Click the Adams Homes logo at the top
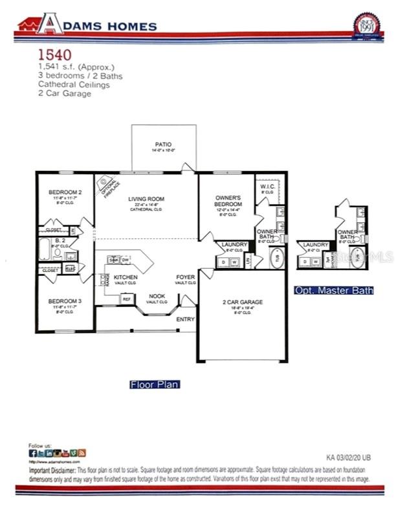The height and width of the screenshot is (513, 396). [x=87, y=25]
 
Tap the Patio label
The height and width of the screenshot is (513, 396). [x=163, y=144]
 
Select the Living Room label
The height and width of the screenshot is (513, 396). [x=146, y=199]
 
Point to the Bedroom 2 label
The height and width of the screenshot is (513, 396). [x=65, y=192]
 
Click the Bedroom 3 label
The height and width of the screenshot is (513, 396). [x=65, y=301]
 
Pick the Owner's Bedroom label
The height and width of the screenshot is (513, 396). [x=228, y=200]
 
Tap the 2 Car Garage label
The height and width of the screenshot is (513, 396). [x=243, y=302]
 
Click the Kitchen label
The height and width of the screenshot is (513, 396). [x=126, y=277]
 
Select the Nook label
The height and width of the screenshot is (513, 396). [x=157, y=295]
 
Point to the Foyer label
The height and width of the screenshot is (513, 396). [x=186, y=277]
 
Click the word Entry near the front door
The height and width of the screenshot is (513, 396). [x=185, y=319]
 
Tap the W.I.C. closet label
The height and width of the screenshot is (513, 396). [x=267, y=187]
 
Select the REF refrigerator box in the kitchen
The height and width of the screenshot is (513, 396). [x=127, y=299]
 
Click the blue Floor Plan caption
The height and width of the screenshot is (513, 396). [x=155, y=384]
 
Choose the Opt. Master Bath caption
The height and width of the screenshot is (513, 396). [x=333, y=290]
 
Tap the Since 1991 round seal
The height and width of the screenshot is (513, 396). [x=367, y=26]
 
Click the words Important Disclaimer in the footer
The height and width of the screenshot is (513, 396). [x=53, y=469]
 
